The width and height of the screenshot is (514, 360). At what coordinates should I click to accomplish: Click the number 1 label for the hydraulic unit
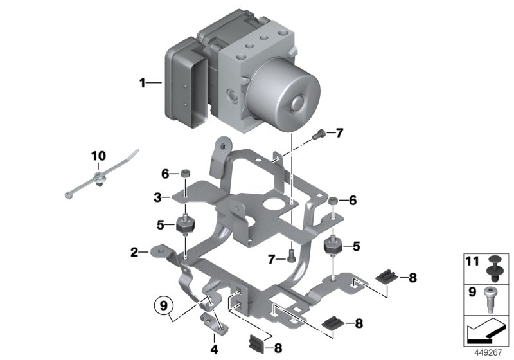coord(143,82)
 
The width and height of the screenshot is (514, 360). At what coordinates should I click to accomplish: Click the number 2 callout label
coord(134,252)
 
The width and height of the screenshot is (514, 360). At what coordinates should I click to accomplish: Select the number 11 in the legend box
coord(472,262)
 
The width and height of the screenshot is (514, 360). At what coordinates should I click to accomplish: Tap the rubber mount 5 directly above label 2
coord(184,227)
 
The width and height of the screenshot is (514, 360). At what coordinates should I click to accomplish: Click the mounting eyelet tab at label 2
coord(158,252)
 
